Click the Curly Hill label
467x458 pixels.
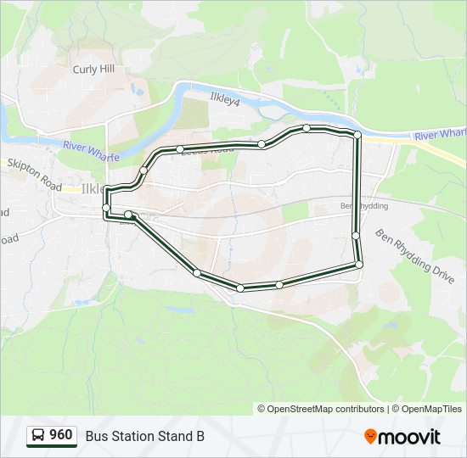click(x=93, y=70)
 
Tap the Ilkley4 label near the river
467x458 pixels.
click(x=226, y=98)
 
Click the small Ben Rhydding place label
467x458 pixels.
click(x=363, y=206)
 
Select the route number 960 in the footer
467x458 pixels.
click(x=60, y=435)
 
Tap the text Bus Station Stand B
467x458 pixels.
click(x=144, y=436)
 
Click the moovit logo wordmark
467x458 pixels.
click(x=409, y=437)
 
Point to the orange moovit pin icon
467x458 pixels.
click(x=370, y=437)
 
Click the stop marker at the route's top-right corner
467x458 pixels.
click(x=357, y=135)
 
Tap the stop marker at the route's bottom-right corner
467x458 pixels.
click(x=359, y=265)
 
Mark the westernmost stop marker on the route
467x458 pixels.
click(x=106, y=207)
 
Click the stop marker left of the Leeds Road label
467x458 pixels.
click(x=180, y=149)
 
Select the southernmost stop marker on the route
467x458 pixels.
click(x=241, y=288)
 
